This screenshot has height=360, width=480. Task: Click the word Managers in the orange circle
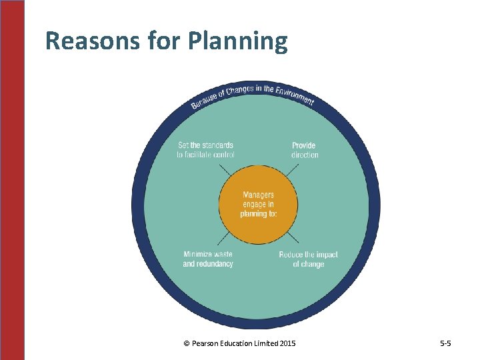click(x=258, y=195)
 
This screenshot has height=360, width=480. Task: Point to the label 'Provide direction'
click(x=304, y=150)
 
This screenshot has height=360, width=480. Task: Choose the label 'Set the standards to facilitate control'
click(x=205, y=150)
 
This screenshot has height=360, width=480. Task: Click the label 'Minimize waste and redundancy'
click(x=208, y=259)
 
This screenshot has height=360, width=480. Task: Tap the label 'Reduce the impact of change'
click(x=308, y=259)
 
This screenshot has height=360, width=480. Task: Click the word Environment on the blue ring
click(x=291, y=95)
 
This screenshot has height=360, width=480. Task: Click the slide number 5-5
click(x=445, y=343)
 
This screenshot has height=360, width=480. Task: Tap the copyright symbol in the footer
click(x=186, y=343)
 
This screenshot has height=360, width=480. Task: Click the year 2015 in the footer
click(x=287, y=343)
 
